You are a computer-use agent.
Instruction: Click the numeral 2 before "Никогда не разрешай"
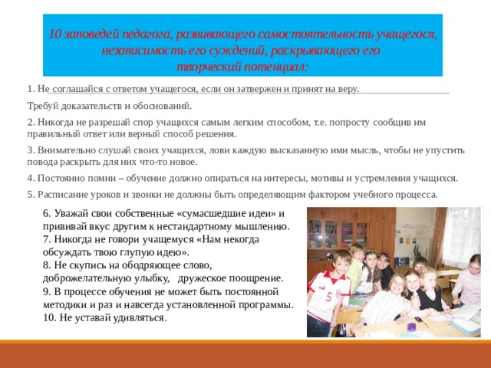29,122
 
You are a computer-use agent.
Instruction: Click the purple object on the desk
414,327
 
